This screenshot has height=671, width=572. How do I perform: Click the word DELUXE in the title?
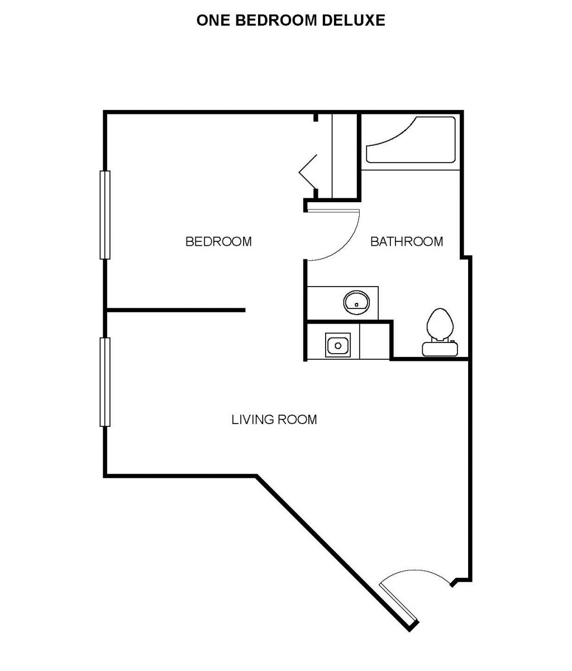click(353, 20)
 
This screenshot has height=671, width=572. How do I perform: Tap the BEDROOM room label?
click(218, 241)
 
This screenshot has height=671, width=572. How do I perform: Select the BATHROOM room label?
click(407, 241)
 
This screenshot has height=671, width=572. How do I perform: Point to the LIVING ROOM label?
click(274, 420)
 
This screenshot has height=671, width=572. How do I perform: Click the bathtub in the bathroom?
click(411, 140)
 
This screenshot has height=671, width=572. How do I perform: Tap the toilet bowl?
click(440, 324)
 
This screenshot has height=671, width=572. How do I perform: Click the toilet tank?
click(440, 349)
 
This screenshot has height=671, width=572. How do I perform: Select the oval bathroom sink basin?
click(356, 303)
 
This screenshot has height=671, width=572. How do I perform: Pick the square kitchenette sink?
click(338, 345)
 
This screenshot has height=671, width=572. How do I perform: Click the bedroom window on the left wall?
click(105, 215)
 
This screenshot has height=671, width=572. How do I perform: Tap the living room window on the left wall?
click(105, 382)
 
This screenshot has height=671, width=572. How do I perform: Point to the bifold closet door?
click(308, 172)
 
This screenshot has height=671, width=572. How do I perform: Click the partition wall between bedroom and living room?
click(175, 310)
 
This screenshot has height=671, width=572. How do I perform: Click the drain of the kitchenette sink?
click(338, 346)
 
